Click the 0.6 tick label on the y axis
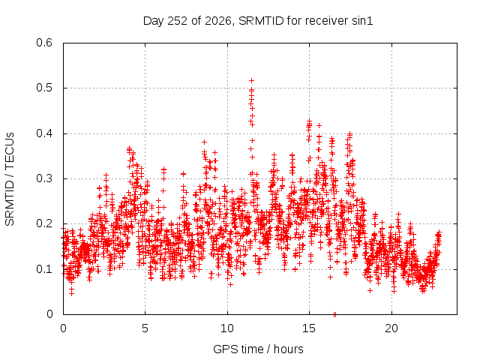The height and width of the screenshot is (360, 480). point(44,43)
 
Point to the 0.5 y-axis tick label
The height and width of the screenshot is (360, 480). point(44,88)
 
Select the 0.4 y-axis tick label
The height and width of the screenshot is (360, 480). point(44,133)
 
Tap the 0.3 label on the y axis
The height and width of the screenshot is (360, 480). point(44,178)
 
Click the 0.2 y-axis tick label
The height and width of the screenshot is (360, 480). point(44,223)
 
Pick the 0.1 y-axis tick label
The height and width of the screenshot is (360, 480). point(44,269)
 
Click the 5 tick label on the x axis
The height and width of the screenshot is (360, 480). point(145,328)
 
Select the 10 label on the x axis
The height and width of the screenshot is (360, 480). point(226,328)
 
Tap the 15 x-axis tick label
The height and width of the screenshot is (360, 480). point(309,328)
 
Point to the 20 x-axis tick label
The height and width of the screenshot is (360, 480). point(391,328)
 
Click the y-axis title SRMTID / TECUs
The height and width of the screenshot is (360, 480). point(10,179)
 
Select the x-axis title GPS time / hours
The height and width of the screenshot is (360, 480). point(258,349)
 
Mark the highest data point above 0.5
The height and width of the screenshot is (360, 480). point(252,81)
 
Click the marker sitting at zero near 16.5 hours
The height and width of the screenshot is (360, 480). point(334,314)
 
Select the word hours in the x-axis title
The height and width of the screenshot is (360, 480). point(288,349)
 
